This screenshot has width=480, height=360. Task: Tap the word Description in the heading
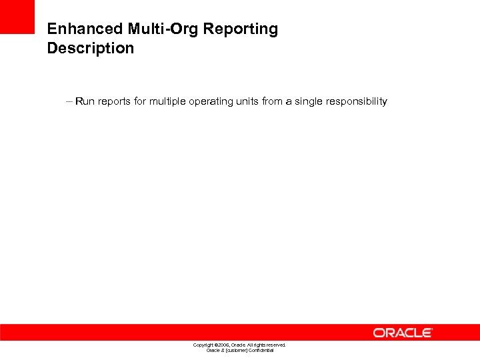click(90, 49)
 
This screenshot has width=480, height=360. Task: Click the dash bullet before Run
click(70, 101)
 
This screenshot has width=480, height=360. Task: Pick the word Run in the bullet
click(85, 101)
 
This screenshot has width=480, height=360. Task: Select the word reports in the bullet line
click(114, 101)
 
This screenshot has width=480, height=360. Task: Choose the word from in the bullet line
click(273, 101)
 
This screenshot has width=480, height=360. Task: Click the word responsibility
click(357, 101)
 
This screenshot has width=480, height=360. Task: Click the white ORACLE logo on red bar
click(403, 333)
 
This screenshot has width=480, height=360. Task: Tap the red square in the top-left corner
click(17, 17)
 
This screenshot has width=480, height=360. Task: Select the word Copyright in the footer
click(203, 345)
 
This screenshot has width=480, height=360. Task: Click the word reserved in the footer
click(275, 345)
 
